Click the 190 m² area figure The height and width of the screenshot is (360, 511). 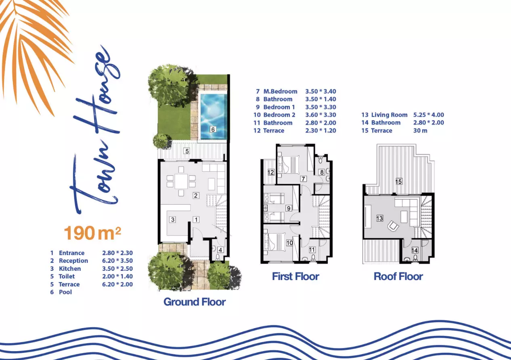[x=92, y=233]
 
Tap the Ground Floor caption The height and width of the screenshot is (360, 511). [x=195, y=302]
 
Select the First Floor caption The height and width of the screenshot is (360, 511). [x=295, y=276]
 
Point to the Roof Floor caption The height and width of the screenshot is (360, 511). [x=398, y=276]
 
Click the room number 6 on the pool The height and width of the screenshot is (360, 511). [x=213, y=130]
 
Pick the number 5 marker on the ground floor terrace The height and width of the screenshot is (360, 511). [x=187, y=151]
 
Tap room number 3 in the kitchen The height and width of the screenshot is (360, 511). [x=172, y=220]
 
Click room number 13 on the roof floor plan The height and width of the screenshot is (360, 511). [x=379, y=218]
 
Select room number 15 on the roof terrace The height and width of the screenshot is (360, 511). [x=398, y=182]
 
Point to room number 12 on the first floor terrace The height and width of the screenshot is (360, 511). [x=271, y=172]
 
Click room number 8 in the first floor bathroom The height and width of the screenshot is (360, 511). [x=322, y=172]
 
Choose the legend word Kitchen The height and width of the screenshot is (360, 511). [x=70, y=269]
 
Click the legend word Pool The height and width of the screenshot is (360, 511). [x=65, y=292]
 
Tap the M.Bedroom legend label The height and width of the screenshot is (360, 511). [x=281, y=92]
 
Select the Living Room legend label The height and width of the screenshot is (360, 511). [x=389, y=115]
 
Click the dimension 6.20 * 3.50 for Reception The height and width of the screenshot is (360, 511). [x=117, y=261]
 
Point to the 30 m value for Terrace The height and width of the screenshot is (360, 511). [x=420, y=131]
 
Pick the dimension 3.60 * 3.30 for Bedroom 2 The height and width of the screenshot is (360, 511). [x=320, y=115]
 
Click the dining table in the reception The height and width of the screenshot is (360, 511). [x=181, y=181]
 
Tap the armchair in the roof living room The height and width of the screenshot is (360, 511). [x=393, y=226]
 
